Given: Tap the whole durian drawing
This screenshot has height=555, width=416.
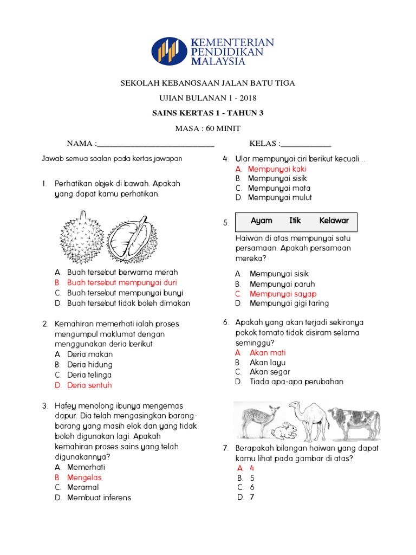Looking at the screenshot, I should click(81, 237).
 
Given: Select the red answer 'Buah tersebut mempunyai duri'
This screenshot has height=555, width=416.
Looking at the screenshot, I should click(122, 282).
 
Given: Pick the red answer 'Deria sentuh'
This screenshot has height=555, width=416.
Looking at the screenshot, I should click(89, 385).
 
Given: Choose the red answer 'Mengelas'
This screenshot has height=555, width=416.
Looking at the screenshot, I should click(84, 477).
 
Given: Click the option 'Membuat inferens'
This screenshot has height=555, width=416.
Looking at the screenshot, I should click(99, 498).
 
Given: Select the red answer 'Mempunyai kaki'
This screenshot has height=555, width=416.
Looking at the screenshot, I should click(277, 169).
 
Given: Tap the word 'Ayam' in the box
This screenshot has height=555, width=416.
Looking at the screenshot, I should click(262, 221).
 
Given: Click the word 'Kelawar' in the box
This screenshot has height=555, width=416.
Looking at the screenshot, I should click(334, 221).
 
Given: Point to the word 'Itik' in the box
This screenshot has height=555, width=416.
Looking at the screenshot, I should click(295, 221).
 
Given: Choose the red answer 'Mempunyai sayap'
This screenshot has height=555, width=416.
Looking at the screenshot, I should click(283, 294).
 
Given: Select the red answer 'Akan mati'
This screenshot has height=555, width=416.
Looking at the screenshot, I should click(268, 353).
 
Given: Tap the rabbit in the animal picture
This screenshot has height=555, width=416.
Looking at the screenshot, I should click(284, 431).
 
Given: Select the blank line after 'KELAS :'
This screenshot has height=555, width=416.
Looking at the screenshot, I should click(306, 145).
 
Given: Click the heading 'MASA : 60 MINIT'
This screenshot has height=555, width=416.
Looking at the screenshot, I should click(207, 128).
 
